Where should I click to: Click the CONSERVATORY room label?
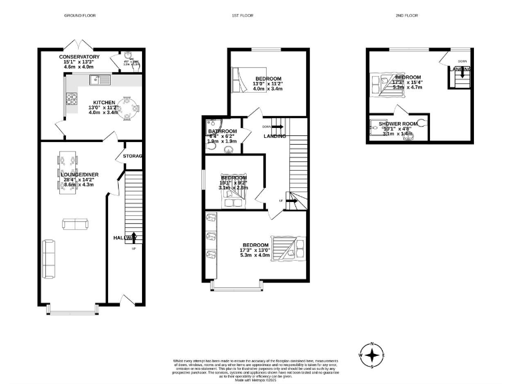[79, 57]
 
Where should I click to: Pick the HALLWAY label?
[125, 237]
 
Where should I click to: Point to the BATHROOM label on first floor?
[222, 131]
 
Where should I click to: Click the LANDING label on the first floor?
[275, 136]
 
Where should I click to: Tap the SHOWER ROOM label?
[398, 124]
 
